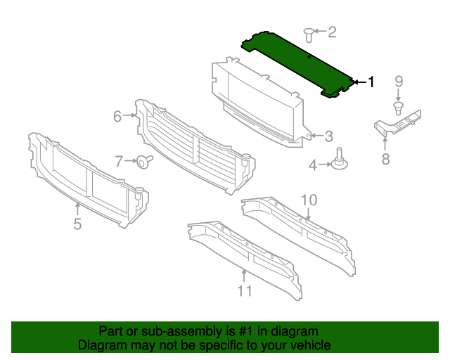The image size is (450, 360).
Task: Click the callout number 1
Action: tap(371, 82)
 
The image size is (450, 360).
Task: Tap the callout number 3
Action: tap(328, 136)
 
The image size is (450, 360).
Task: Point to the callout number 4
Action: tap(314, 165)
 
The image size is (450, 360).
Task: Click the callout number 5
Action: tap(77, 224)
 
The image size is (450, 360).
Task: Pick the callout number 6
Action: tap(118, 116)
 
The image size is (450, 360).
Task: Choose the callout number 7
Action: tap(119, 160)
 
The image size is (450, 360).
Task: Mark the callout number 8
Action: tap(385, 159)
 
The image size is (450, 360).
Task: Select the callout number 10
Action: tap(309, 200)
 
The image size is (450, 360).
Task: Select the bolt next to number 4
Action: tap(341, 161)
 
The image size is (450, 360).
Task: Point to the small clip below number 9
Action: tap(399, 108)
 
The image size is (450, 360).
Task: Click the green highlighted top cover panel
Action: tap(295, 61)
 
